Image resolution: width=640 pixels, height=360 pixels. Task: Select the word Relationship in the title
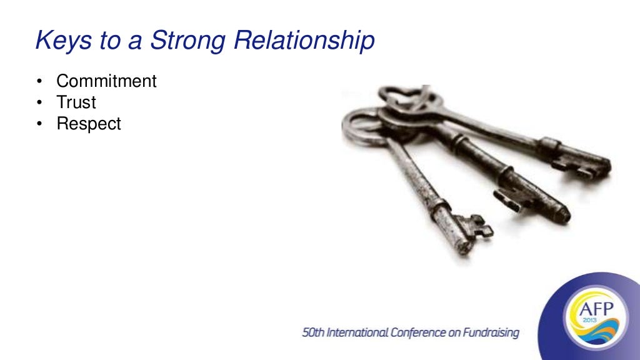click(x=305, y=41)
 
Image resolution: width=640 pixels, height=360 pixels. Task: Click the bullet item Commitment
click(x=106, y=81)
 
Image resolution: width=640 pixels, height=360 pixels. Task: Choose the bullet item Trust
click(x=76, y=102)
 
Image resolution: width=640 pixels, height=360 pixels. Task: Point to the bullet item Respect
click(x=89, y=123)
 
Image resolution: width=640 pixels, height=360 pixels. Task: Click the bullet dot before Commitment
click(x=40, y=82)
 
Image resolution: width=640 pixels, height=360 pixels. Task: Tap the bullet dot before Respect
click(x=40, y=124)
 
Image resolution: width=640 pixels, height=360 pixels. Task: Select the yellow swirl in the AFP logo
click(x=594, y=335)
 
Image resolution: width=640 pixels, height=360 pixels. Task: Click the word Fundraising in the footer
click(x=491, y=333)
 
